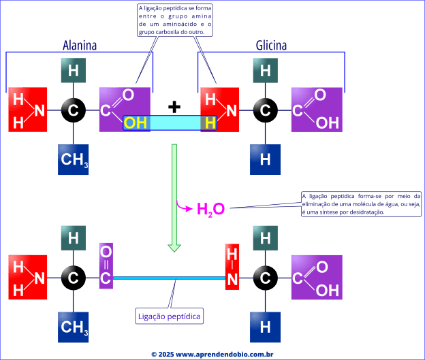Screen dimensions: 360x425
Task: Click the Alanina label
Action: coord(80,46)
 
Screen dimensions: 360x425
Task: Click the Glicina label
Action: coord(271,46)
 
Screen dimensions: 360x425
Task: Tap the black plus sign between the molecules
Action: coord(175,106)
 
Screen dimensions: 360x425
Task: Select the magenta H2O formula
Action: coord(210,208)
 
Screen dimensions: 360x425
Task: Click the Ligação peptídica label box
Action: coord(170,316)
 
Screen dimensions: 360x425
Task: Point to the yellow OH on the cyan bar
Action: coord(136,122)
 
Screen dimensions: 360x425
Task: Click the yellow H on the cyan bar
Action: coord(210,122)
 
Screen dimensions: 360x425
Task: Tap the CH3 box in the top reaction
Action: coord(74,160)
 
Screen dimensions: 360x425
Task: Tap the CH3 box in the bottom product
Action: coord(74,327)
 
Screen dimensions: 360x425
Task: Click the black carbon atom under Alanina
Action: coord(74,110)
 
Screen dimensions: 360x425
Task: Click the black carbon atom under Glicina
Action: coord(266,110)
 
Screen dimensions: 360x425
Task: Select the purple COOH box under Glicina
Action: coord(317,109)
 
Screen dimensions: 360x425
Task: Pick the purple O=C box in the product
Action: coord(106,265)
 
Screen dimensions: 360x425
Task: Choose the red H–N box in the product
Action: coord(232,265)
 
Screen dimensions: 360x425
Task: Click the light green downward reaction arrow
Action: coord(174,197)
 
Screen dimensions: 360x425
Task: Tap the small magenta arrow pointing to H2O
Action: coord(184,204)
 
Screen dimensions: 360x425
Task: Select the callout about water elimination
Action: coord(362,204)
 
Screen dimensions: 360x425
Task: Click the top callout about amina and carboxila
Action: coord(175,20)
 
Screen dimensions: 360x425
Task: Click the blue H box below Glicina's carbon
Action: coord(266,160)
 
